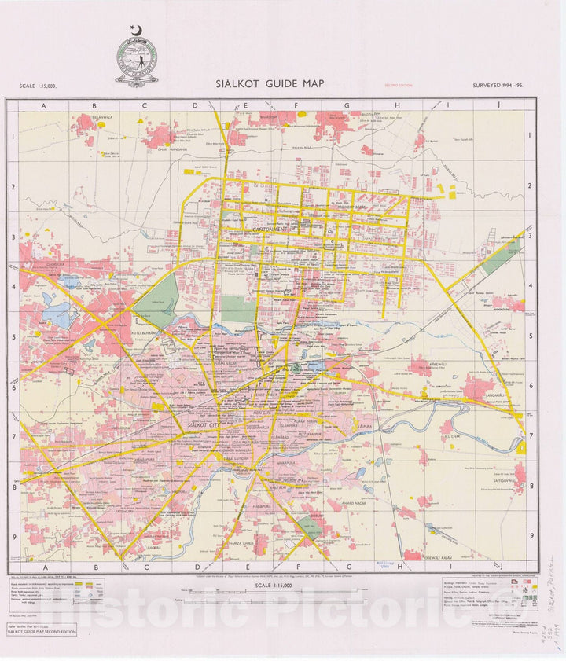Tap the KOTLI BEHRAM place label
click(145, 334)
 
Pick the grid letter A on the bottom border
click(44, 567)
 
